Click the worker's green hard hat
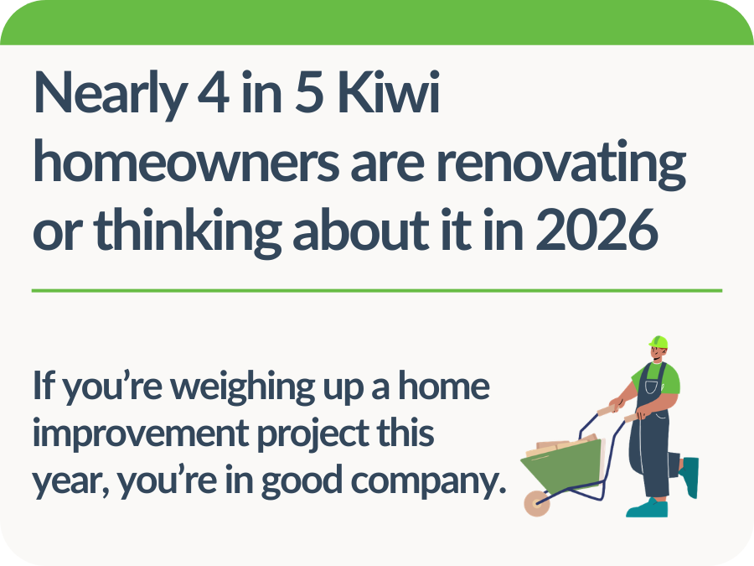(658, 342)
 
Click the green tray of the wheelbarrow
(570, 469)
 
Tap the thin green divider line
(377, 290)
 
